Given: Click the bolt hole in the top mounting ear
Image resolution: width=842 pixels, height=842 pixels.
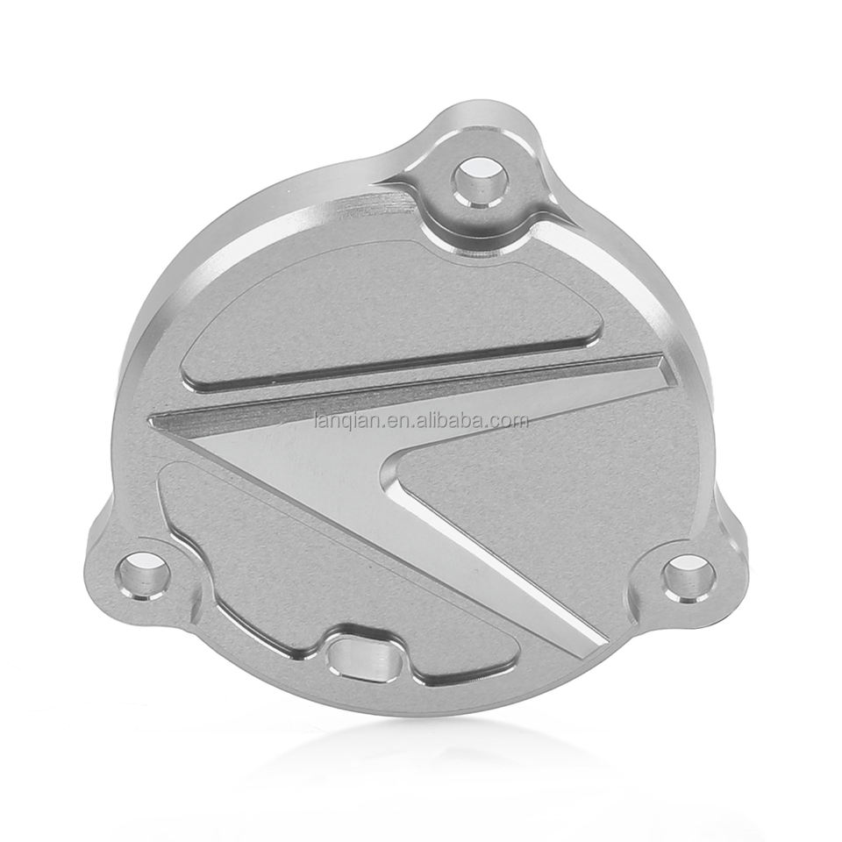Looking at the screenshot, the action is (x=480, y=182).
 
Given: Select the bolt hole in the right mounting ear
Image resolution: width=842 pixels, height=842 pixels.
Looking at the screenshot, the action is (x=689, y=579).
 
